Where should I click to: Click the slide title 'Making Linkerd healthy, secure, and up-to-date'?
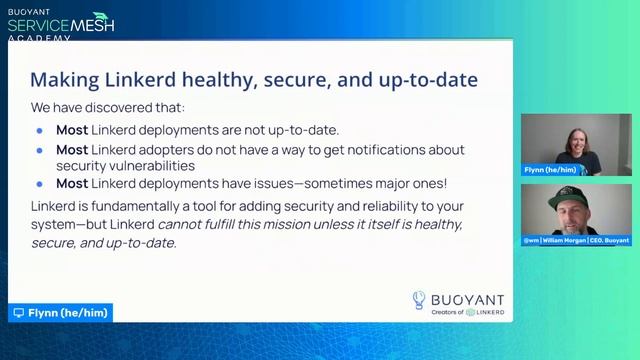(x=253, y=79)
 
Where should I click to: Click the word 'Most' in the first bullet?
(x=72, y=130)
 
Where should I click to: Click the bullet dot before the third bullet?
(x=40, y=184)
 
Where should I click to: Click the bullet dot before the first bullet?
(x=40, y=131)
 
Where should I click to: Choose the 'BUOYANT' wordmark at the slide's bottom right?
(x=468, y=298)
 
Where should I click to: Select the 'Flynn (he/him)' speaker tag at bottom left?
(x=60, y=313)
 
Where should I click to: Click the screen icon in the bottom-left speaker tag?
(x=18, y=313)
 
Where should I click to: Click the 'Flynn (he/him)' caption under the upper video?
(x=548, y=170)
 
